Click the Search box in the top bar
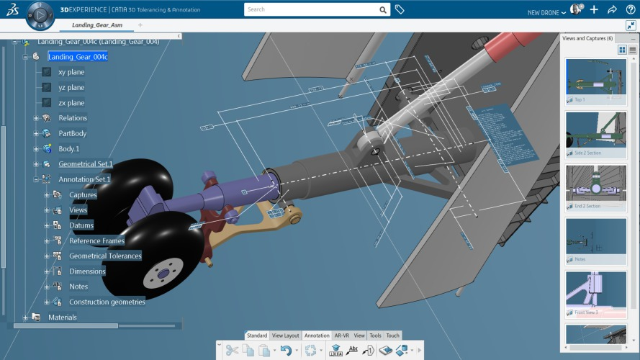point(310,10)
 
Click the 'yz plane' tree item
point(71,88)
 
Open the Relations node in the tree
point(72,118)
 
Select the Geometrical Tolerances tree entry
point(105,256)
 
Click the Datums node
point(81,225)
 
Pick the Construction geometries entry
point(107,302)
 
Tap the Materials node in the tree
point(62,318)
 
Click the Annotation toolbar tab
point(317,336)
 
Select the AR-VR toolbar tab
point(341,336)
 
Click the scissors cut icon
point(231,351)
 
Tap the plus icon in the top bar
point(594,10)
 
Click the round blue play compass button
point(41,14)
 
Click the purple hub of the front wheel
point(161,274)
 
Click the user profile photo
point(575,9)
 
